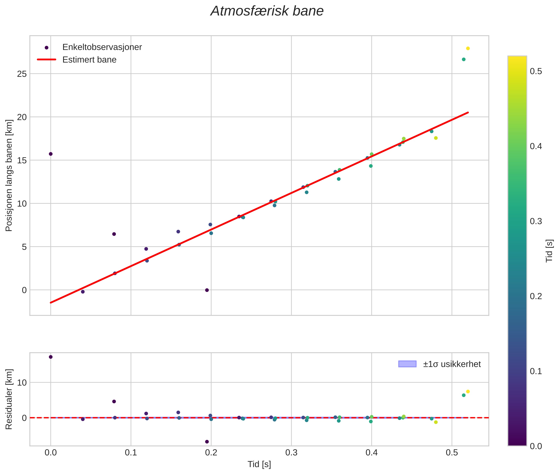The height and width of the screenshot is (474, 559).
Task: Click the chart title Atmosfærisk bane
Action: (x=267, y=11)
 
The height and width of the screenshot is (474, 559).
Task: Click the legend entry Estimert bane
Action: (x=89, y=60)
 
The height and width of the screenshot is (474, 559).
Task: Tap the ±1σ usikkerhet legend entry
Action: (x=452, y=364)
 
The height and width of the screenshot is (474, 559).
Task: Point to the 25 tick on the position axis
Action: (x=22, y=74)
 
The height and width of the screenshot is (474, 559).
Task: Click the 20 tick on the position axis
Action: (x=22, y=117)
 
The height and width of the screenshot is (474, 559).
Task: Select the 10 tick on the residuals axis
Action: (x=22, y=383)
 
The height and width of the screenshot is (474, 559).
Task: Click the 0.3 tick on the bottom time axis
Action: (x=291, y=453)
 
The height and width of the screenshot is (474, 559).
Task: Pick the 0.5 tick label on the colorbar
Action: (x=536, y=72)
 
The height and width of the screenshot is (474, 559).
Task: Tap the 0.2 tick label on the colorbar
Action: (x=536, y=296)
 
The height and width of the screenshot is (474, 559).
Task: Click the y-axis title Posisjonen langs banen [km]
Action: (x=9, y=175)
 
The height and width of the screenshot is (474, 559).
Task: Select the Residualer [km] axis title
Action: (x=9, y=399)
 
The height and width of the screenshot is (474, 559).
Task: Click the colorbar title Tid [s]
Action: (x=550, y=251)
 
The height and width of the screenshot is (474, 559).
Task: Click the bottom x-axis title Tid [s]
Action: (x=259, y=464)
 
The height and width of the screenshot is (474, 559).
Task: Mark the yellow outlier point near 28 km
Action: (x=468, y=48)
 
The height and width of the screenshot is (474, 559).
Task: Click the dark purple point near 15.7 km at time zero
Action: (x=50, y=154)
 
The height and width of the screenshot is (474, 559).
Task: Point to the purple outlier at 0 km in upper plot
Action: (x=207, y=290)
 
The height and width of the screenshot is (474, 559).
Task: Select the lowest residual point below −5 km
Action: (x=207, y=442)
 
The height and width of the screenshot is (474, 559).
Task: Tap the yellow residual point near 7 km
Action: (x=468, y=391)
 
